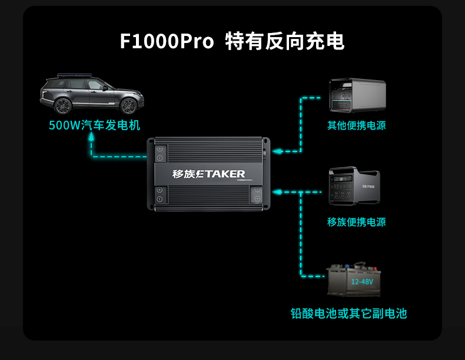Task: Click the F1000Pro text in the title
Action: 167,42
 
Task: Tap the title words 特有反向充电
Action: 285,42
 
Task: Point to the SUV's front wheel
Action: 128,106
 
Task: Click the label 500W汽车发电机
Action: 94,125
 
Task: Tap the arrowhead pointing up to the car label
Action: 91,136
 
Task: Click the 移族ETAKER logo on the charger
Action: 208,174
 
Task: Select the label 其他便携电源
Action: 357,125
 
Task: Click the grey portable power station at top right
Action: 357,95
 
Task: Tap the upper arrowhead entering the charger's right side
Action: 276,151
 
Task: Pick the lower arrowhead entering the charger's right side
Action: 277,192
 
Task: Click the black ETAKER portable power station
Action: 354,186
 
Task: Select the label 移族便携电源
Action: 357,222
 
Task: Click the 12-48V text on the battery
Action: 362,282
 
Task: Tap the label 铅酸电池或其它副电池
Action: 348,313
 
